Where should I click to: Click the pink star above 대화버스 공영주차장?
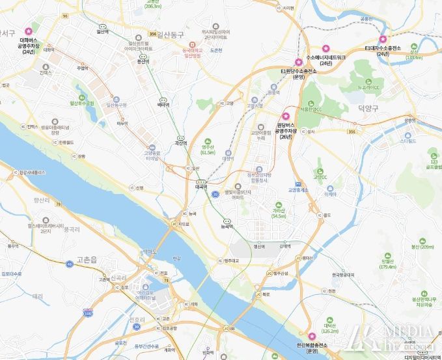tap(28, 31)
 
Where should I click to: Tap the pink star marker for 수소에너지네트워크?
tap(326, 48)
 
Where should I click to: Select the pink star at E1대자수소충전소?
tap(383, 39)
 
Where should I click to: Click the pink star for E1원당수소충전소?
tap(298, 62)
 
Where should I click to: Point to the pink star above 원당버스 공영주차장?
tap(285, 116)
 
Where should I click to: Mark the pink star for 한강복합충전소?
tap(311, 336)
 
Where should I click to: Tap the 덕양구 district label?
tap(368, 108)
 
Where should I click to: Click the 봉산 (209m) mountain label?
tap(422, 247)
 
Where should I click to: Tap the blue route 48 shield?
tap(69, 264)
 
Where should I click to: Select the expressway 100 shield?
tap(87, 313)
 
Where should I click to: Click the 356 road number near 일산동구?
tap(152, 34)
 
